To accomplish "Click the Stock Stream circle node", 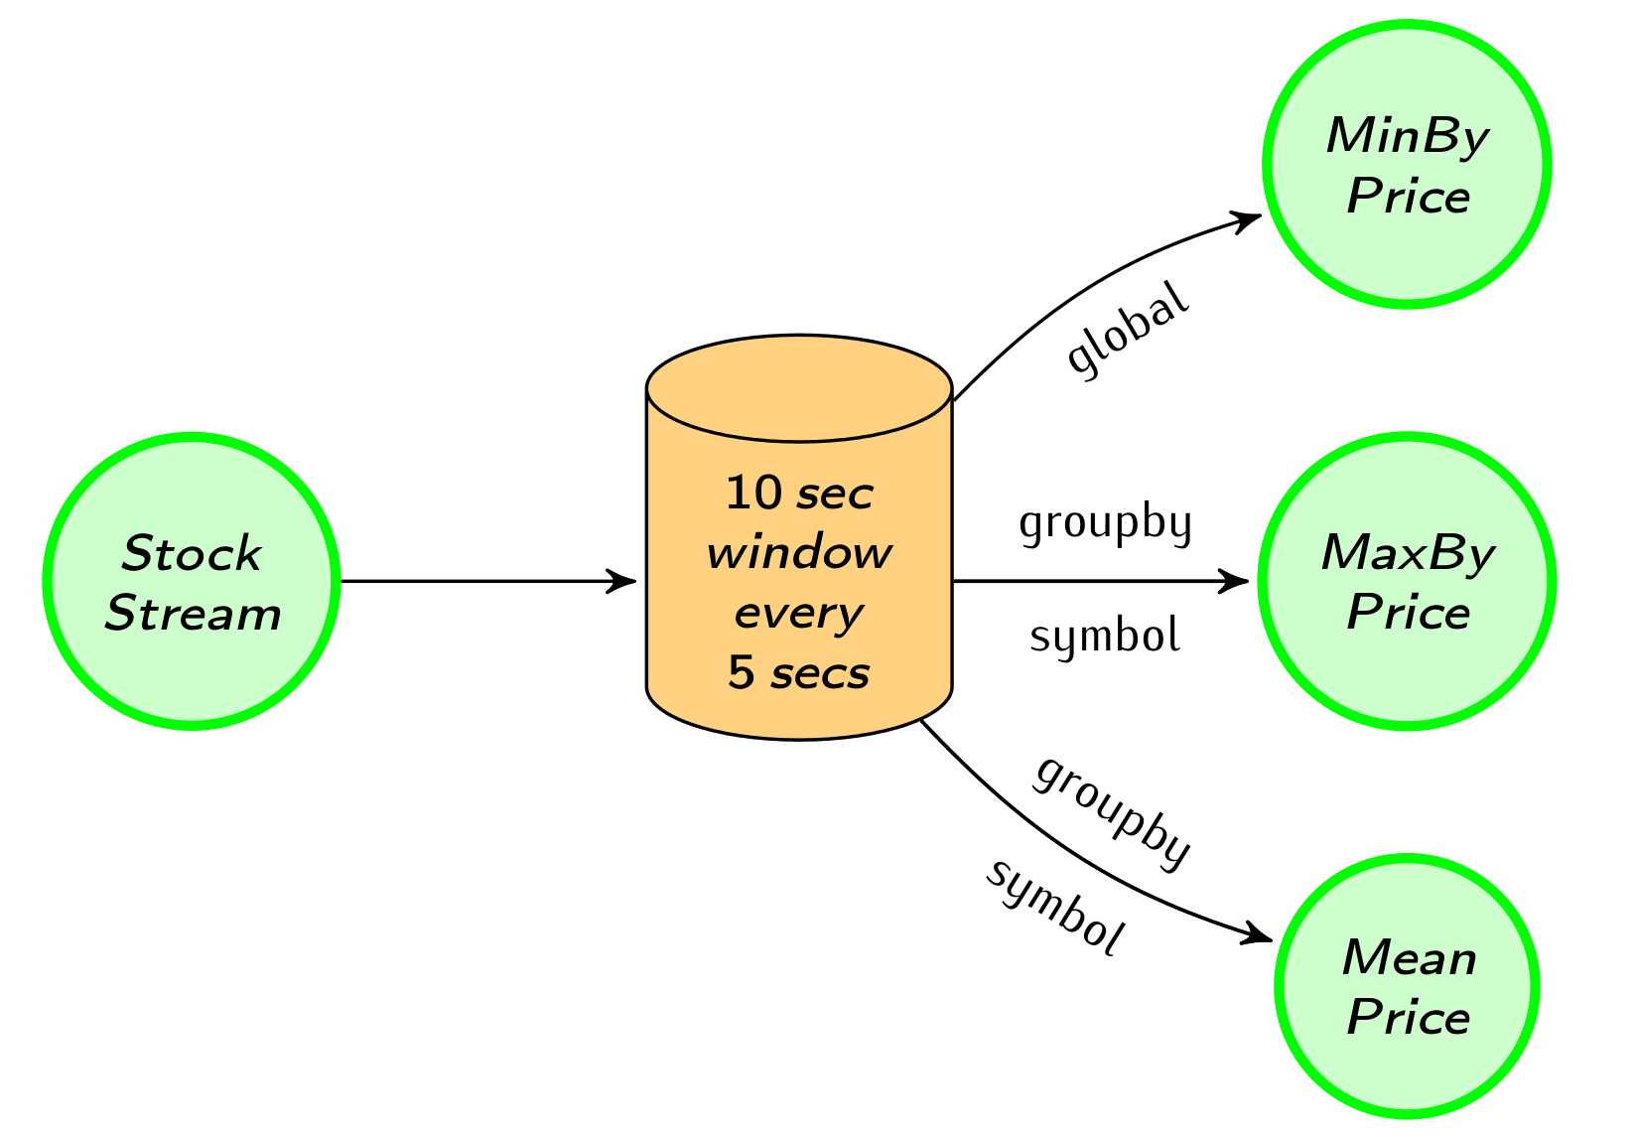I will (192, 582).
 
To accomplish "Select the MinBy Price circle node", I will (1407, 164).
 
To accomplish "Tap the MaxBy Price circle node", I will (1407, 582).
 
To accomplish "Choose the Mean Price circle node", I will (1407, 987).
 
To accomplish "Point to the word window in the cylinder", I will (799, 553).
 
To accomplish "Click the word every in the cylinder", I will (799, 614).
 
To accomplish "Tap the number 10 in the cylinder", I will (755, 494).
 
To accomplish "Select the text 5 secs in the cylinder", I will (799, 673).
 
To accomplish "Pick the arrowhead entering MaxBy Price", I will (1236, 582).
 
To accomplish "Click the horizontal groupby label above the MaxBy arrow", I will (1105, 522).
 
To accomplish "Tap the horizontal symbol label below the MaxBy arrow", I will (1105, 637).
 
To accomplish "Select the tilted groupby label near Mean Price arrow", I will (1112, 811).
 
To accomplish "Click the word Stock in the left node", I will (192, 554).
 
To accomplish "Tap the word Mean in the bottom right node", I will (1409, 959).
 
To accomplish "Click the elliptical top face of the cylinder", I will (799, 388).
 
